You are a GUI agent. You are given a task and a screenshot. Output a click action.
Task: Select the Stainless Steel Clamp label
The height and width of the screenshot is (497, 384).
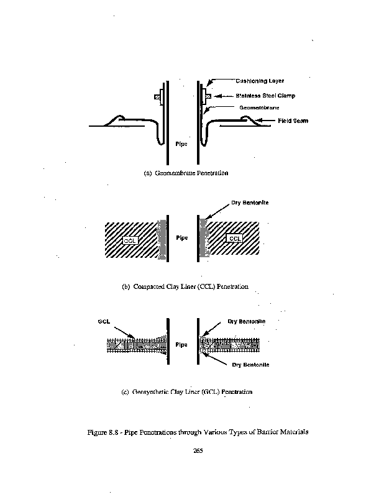pyautogui.click(x=265, y=96)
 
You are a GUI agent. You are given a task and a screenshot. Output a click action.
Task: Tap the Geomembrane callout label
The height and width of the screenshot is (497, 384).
pyautogui.click(x=259, y=107)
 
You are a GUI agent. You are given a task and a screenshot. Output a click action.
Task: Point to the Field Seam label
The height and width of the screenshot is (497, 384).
pyautogui.click(x=293, y=121)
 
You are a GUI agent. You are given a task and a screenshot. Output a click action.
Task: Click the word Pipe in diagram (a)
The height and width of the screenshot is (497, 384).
pyautogui.click(x=181, y=144)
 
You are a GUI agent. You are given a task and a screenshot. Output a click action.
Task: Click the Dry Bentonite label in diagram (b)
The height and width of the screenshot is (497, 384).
pyautogui.click(x=248, y=203)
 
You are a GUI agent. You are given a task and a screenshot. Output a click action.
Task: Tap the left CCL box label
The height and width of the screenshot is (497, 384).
pyautogui.click(x=130, y=239)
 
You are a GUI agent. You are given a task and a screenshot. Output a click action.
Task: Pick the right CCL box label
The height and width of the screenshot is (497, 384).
pyautogui.click(x=235, y=239)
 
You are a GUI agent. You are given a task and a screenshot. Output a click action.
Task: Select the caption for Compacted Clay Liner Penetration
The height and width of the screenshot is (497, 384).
pyautogui.click(x=185, y=286)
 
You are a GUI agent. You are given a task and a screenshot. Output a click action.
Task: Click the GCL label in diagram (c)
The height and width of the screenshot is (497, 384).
pyautogui.click(x=104, y=321)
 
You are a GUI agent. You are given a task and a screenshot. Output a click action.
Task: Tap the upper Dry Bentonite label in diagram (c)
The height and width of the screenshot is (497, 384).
pyautogui.click(x=246, y=321)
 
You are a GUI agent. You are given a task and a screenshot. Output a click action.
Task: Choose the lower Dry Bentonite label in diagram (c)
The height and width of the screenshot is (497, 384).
pyautogui.click(x=250, y=364)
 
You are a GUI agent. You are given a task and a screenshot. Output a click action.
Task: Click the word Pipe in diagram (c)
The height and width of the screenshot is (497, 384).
pyautogui.click(x=181, y=344)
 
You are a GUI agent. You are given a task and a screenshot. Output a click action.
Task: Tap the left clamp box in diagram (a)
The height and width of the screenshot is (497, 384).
pyautogui.click(x=157, y=98)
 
